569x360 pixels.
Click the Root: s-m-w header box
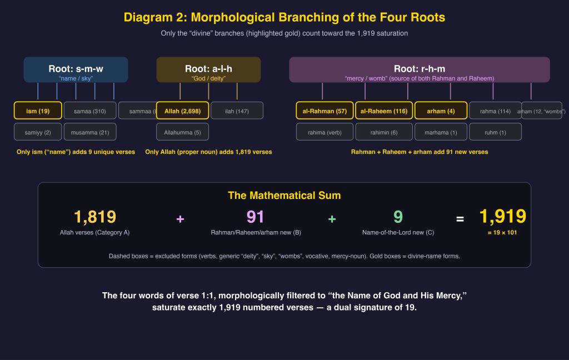pyautogui.click(x=76, y=69)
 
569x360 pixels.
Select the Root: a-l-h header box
pyautogui.click(x=208, y=69)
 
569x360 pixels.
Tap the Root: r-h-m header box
pyautogui.click(x=419, y=69)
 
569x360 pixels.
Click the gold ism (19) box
pyautogui.click(x=38, y=111)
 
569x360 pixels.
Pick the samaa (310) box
pyautogui.click(x=89, y=111)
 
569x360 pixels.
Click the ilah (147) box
pyautogui.click(x=237, y=111)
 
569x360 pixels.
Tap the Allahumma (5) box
pyautogui.click(x=182, y=132)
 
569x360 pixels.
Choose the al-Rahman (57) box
pyautogui.click(x=325, y=111)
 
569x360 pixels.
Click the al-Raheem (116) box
pyautogui.click(x=383, y=111)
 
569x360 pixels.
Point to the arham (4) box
pyautogui.click(x=441, y=111)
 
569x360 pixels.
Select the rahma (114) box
pyautogui.click(x=495, y=111)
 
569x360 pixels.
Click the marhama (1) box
pyautogui.click(x=441, y=132)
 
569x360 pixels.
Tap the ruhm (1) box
pyautogui.click(x=495, y=132)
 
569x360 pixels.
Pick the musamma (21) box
pyautogui.click(x=89, y=132)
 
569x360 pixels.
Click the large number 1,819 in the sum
pyautogui.click(x=95, y=217)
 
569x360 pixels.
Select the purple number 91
pyautogui.click(x=256, y=217)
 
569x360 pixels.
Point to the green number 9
pyautogui.click(x=398, y=217)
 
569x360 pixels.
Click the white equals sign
pyautogui.click(x=460, y=219)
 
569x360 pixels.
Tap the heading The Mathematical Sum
pyautogui.click(x=284, y=196)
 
